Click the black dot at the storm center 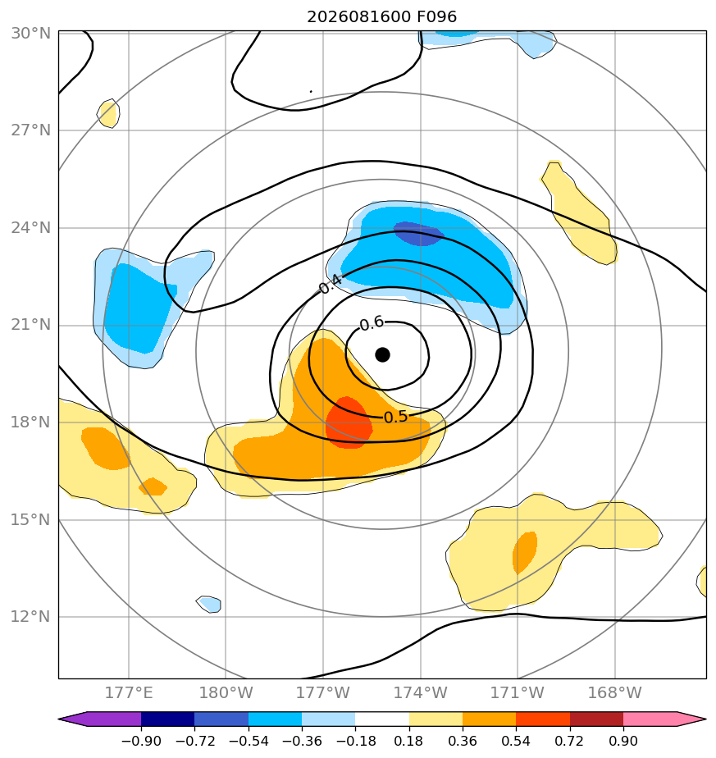382,355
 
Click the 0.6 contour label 372,324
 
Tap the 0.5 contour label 395,417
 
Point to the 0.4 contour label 331,284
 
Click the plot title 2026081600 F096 382,17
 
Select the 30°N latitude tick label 30,34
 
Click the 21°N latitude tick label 30,325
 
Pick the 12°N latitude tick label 30,617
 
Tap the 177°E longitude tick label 129,692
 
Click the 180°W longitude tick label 226,692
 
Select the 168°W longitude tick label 614,692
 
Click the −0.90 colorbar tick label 141,741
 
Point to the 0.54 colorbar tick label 517,741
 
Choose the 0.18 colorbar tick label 409,741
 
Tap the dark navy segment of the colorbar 168,719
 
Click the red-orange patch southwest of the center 349,423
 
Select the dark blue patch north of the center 418,234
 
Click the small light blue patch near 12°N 209,604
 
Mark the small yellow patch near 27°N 109,113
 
